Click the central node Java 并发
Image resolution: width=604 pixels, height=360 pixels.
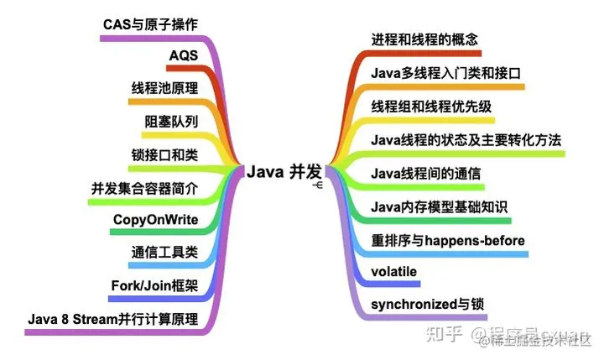[x=284, y=171]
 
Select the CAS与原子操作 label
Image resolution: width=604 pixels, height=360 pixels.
[x=150, y=24]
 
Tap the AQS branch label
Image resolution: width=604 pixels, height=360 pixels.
[x=183, y=56]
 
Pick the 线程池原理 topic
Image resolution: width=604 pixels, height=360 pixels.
[x=164, y=89]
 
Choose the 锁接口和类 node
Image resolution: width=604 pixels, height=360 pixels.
[x=164, y=155]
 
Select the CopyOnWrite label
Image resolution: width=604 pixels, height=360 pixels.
[x=155, y=220]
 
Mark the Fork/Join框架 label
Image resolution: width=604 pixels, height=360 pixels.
[x=154, y=285]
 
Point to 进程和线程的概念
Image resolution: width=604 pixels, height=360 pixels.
[x=424, y=39]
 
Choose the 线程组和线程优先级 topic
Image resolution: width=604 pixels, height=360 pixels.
[x=431, y=107]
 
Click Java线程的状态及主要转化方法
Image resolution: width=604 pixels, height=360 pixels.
[x=466, y=139]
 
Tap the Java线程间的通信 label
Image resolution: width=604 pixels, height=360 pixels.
[x=425, y=173]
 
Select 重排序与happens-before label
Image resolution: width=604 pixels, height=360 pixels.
[x=448, y=239]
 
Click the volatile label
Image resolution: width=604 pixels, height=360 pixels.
[x=393, y=271]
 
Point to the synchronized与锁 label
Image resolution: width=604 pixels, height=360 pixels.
[x=427, y=303]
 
